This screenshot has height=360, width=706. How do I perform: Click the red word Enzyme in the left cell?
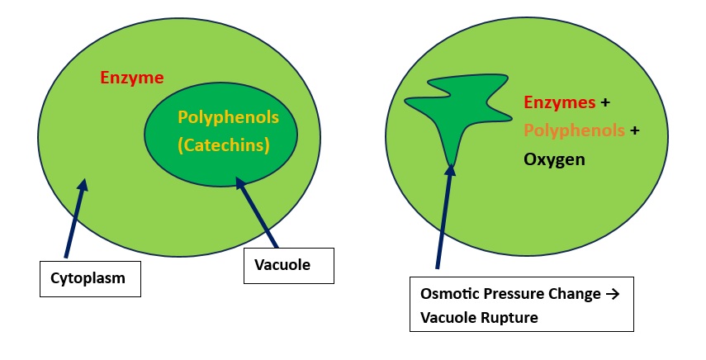point(132,78)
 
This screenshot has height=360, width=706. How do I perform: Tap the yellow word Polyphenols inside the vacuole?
point(229,117)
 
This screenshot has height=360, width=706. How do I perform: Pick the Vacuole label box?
point(289,266)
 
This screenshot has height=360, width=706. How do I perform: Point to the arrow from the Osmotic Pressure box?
point(443,215)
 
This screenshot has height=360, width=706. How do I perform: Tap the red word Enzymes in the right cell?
point(560,103)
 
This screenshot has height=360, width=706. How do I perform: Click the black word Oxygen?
point(554,159)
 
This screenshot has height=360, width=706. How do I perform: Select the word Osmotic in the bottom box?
point(446,295)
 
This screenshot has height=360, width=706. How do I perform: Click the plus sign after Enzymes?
point(605,103)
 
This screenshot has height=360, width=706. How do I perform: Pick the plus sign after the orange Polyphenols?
point(635,130)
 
